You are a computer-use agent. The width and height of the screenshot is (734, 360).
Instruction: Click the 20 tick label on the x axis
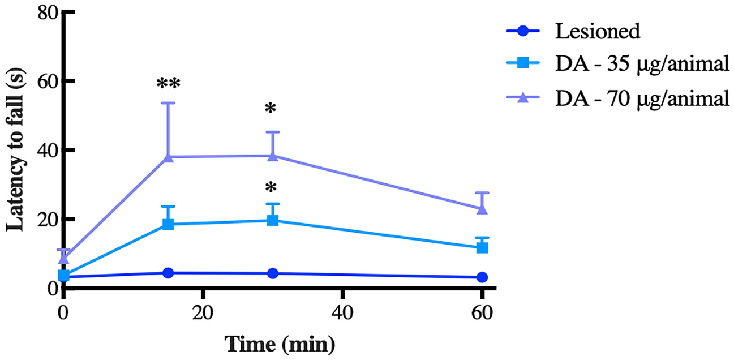[x=203, y=312]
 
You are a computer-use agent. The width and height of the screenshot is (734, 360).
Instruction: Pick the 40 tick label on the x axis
[x=342, y=312]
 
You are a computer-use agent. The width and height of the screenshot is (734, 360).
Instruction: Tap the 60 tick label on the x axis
[x=482, y=312]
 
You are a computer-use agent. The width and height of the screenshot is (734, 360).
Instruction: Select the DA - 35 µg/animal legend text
[x=642, y=65]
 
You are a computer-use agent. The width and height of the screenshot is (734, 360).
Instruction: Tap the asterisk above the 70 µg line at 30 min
[x=273, y=109]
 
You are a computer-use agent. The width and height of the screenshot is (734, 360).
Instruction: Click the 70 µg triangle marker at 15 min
[x=168, y=157]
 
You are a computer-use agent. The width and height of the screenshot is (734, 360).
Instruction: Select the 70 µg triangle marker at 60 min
[x=482, y=209]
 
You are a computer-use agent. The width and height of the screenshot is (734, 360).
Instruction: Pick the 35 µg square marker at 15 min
[x=168, y=224]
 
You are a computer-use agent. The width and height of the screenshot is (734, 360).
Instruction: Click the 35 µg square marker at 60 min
[x=482, y=247]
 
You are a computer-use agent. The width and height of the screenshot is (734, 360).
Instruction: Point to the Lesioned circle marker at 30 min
[x=273, y=273]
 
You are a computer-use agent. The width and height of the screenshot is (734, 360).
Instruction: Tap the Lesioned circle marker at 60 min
[x=482, y=277]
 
